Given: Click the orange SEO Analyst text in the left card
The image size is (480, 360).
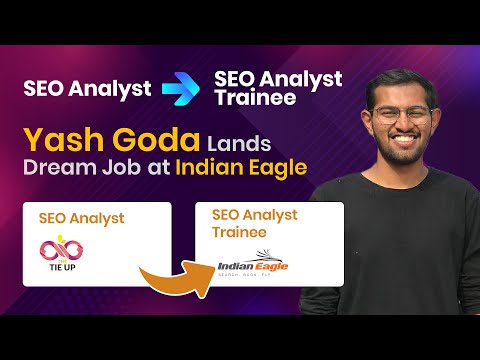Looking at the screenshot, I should tap(79, 216).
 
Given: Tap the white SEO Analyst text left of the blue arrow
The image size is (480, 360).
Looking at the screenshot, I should tap(87, 88).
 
